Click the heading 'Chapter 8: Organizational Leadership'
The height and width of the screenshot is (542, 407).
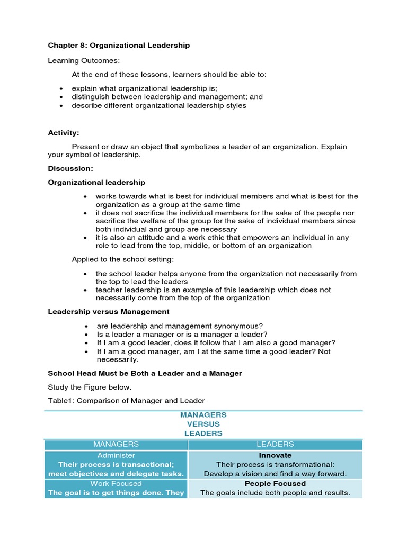(x=119, y=46)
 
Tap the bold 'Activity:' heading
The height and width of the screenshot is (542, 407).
(x=64, y=133)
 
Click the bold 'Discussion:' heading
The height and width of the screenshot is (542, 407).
(x=70, y=168)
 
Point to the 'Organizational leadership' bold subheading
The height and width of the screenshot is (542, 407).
(x=96, y=183)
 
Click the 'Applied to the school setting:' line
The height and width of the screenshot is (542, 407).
(x=122, y=259)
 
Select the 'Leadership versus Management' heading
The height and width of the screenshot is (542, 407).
(x=109, y=312)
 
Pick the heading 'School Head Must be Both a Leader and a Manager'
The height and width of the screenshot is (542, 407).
(x=145, y=373)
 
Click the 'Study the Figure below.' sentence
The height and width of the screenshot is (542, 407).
(x=90, y=387)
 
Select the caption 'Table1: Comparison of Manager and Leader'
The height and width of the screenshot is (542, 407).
(x=126, y=400)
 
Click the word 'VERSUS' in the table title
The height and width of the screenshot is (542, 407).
(x=203, y=424)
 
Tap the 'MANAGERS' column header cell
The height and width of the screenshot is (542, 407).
(x=116, y=444)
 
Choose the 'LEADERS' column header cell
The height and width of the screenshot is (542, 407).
(x=275, y=444)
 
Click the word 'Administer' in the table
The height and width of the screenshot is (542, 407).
(x=116, y=455)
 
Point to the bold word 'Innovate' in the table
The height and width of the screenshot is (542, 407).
(x=275, y=455)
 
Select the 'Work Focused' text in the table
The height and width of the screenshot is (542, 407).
(x=116, y=483)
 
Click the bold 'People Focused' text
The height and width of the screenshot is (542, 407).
(x=275, y=483)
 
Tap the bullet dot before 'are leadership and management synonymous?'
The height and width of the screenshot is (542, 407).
(x=85, y=326)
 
